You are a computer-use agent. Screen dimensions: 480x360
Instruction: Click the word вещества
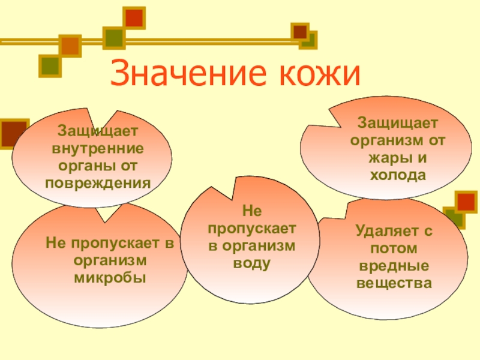[x=394, y=283]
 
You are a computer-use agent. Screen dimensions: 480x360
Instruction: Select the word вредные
[x=394, y=265]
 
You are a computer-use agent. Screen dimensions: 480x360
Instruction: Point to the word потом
[x=394, y=247]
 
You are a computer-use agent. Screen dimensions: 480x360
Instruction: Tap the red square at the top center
[x=134, y=18]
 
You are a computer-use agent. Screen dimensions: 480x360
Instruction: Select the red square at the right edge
[x=466, y=202]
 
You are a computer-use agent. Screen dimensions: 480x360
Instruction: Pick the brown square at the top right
[x=300, y=31]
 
